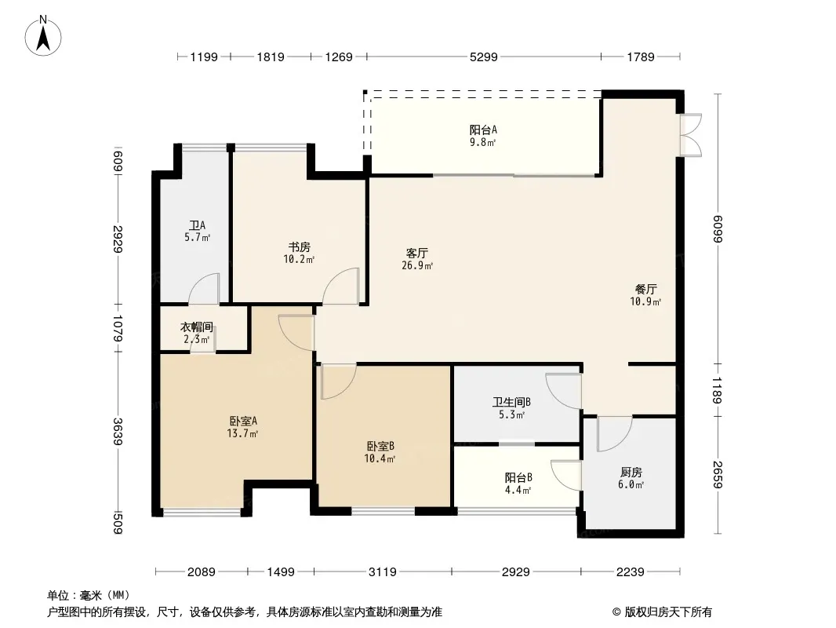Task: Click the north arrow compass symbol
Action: coord(43,35)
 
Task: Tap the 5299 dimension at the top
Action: coord(484,57)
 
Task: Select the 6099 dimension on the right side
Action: coord(718,229)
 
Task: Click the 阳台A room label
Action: coord(483,130)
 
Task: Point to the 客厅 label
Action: coord(417,253)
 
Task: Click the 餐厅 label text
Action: coord(645,289)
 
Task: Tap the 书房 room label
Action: coord(299,247)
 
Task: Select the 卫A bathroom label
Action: coord(198,226)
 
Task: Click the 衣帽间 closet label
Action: coord(197,327)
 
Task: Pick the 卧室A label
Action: coord(243,421)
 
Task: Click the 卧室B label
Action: coord(380,446)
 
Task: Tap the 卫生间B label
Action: coord(511,402)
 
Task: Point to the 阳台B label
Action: coord(518,477)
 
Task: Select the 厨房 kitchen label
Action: coord(631,473)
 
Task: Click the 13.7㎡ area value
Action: coord(242,433)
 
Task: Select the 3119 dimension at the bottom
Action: coord(383,572)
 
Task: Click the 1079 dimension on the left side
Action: coord(118,328)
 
